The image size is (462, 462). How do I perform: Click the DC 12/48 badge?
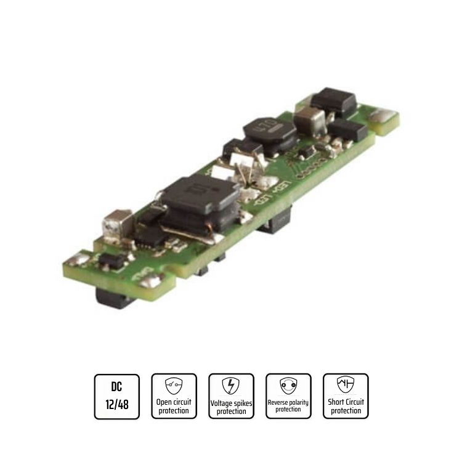point(116,396)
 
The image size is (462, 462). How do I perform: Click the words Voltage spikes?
point(231,403)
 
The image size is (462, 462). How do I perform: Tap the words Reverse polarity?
point(288,402)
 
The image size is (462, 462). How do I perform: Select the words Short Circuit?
point(346,402)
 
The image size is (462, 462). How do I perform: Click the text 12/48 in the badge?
point(116,405)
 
